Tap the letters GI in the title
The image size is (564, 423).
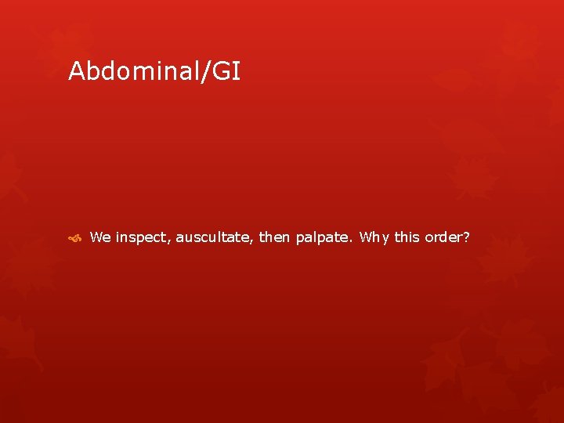pos(227,72)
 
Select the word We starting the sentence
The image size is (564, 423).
pos(100,237)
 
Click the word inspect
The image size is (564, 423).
pos(142,237)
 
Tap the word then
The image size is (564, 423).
pos(274,237)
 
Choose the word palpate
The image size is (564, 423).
pos(323,237)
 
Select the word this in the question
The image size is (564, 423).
pos(407,237)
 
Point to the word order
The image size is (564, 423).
pos(443,237)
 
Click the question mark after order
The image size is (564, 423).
pos(466,237)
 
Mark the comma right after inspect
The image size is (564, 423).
pos(170,240)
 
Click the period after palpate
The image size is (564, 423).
pos(352,240)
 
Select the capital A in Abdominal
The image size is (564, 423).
pos(76,72)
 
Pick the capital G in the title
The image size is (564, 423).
pos(222,72)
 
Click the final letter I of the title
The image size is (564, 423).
pos(237,72)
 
